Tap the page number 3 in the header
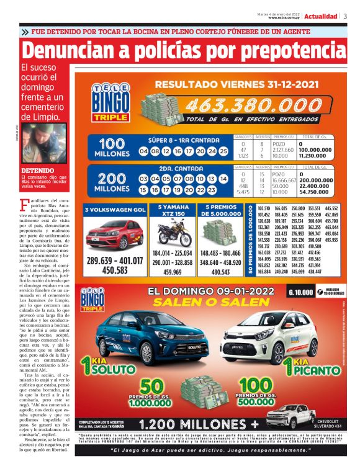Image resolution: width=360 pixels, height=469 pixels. [x=345, y=16]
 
